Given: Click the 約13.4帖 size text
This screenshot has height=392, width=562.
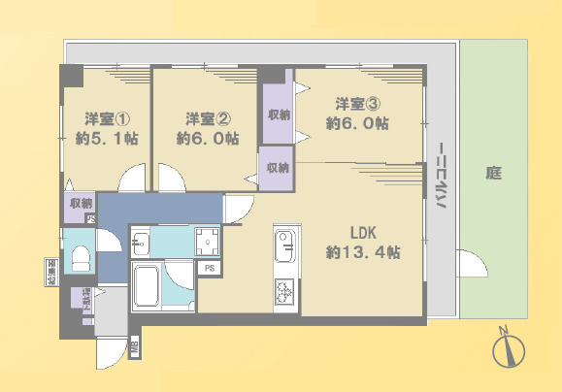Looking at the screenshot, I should click(x=364, y=252).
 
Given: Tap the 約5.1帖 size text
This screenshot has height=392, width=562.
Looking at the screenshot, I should click(x=107, y=139).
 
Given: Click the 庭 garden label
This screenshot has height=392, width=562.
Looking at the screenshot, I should click(x=493, y=175).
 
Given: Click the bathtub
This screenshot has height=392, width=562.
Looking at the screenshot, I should click(x=149, y=286).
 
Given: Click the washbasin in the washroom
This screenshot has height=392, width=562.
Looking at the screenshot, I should click(x=140, y=243).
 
